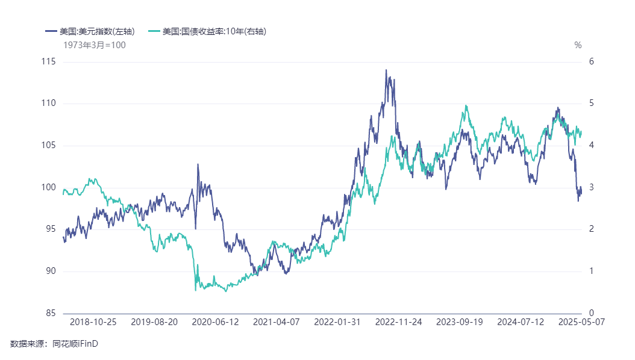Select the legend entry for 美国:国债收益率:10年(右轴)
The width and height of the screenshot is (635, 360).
[x=214, y=31]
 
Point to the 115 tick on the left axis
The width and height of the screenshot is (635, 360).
[x=48, y=61]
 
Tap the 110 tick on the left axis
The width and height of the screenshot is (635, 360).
[x=48, y=104]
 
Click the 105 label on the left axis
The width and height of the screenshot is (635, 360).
[x=48, y=146]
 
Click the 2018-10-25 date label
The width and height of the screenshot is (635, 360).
[x=93, y=322]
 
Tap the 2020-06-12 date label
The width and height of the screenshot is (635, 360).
[x=215, y=322]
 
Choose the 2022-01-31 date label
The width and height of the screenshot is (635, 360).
[x=337, y=322]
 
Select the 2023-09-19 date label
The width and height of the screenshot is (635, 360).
[x=459, y=322]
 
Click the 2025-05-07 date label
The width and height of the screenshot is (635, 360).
[x=581, y=322]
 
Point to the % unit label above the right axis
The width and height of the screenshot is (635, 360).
[x=578, y=45]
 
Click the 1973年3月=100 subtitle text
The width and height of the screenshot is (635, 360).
[x=95, y=45]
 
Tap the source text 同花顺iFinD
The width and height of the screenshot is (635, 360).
[x=75, y=344]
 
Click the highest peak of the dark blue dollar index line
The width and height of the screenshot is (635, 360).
[x=386, y=70]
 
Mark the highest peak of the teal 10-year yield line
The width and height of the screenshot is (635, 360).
[x=466, y=106]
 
